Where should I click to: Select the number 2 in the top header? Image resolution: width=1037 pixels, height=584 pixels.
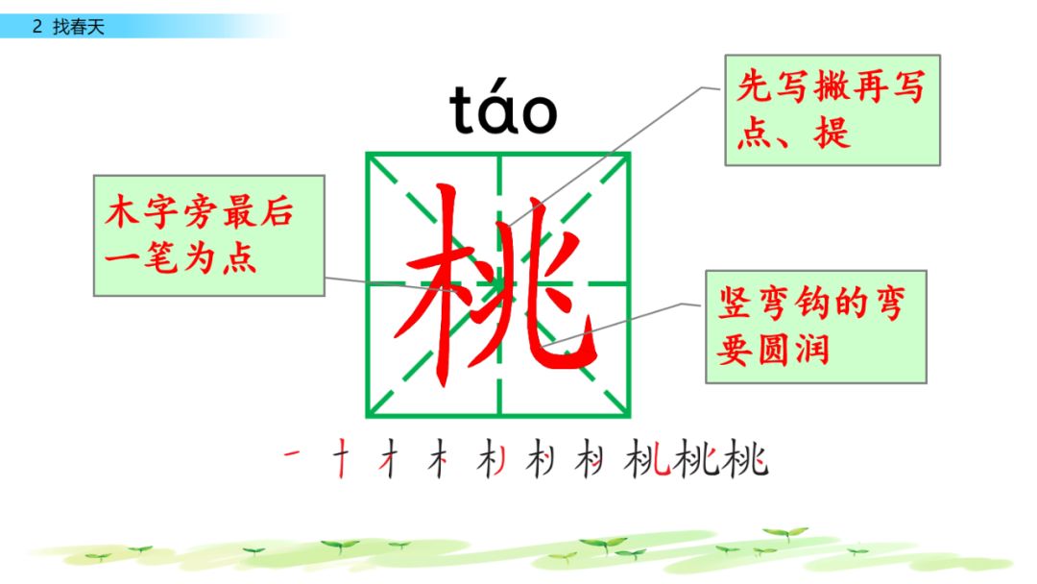click(x=37, y=27)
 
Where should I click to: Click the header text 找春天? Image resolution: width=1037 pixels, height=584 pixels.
click(x=79, y=27)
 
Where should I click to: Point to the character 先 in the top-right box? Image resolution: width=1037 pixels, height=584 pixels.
click(x=756, y=87)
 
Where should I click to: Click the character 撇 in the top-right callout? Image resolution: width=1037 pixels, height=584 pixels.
click(x=832, y=87)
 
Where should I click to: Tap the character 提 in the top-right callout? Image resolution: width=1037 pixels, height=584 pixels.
click(x=832, y=133)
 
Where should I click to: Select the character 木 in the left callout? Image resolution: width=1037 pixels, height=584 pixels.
click(x=122, y=211)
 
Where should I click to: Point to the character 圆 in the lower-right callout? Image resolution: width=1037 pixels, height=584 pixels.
click(x=773, y=350)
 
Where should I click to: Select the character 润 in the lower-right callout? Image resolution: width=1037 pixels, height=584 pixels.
click(x=811, y=350)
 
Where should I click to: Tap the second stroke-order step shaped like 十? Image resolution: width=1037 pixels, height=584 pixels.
click(x=341, y=458)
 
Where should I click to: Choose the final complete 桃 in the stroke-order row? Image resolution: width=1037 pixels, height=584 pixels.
click(x=745, y=458)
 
